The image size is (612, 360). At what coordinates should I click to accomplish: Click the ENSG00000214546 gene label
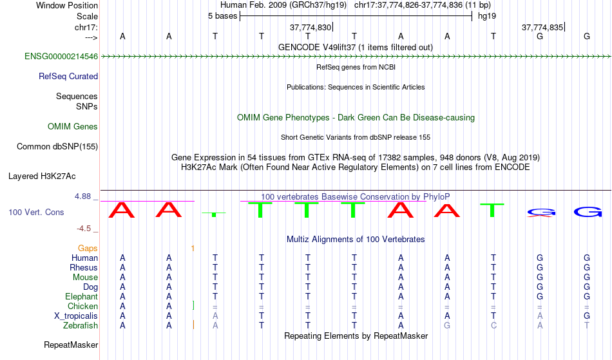61,57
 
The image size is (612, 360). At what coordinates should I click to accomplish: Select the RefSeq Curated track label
68,77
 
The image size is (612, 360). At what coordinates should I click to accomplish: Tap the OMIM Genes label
73,127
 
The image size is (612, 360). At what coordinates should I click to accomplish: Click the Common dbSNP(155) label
57,147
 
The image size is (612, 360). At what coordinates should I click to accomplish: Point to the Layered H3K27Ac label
42,176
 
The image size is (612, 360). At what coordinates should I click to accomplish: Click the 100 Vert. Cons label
36,212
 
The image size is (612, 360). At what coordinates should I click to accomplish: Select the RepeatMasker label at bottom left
71,345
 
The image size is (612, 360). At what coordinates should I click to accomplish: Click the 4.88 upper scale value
82,196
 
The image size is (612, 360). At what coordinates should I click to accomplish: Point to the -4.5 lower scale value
84,229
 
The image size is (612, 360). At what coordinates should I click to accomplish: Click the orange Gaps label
88,249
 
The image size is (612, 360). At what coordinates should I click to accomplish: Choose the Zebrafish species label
81,326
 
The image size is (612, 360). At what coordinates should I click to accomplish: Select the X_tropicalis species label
76,316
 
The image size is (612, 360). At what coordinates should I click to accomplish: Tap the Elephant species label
82,297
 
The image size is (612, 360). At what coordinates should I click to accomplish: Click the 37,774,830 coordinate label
311,28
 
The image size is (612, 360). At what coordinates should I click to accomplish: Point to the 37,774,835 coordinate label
542,28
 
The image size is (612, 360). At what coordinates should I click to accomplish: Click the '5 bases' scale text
222,16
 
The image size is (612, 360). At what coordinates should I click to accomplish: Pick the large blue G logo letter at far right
588,212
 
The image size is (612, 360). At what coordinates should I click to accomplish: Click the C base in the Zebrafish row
493,326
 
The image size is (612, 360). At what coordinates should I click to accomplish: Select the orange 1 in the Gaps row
193,249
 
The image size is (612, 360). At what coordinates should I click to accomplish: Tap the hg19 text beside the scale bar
487,16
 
